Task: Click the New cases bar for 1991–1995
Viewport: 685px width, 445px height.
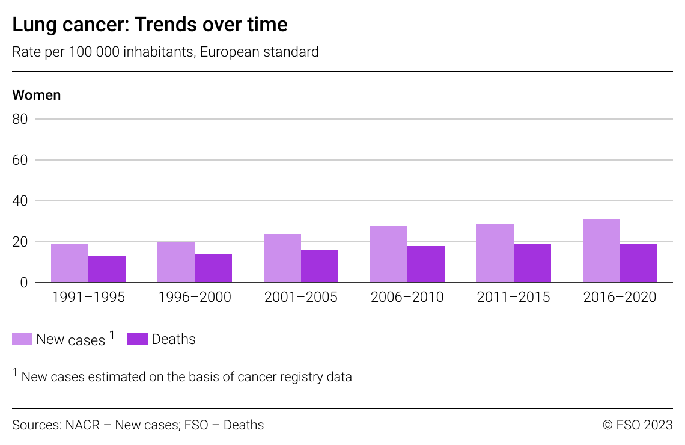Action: [x=70, y=263]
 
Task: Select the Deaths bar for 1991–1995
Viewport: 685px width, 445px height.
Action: [x=107, y=269]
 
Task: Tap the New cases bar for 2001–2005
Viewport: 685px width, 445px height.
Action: [x=282, y=259]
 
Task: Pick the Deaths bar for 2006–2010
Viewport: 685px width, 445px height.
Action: [x=426, y=265]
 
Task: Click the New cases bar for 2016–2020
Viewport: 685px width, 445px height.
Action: [x=601, y=251]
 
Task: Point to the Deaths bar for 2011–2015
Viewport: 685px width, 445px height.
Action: [x=532, y=263]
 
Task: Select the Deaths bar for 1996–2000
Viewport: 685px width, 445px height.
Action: [x=213, y=269]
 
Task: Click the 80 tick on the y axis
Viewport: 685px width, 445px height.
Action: [x=20, y=119]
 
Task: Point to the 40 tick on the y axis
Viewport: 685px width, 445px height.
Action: [x=20, y=201]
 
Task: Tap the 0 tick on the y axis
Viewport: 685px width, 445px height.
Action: [x=24, y=283]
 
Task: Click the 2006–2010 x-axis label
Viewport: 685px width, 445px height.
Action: [x=407, y=298]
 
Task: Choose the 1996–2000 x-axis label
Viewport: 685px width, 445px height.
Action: [x=194, y=298]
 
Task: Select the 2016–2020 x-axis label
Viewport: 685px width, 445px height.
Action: [x=620, y=298]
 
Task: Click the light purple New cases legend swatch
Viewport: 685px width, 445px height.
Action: [x=22, y=339]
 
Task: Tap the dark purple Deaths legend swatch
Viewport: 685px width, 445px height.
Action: [x=138, y=339]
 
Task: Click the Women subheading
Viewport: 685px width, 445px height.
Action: [x=37, y=95]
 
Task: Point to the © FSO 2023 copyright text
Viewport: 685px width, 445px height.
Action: [x=638, y=425]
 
